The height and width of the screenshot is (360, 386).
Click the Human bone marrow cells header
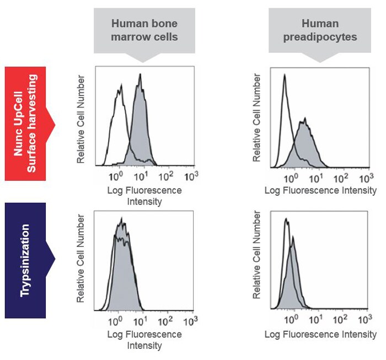tap(144, 30)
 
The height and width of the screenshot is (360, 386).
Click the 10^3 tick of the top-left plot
tap(191, 177)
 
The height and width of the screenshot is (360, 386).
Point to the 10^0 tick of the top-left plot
tap(116, 177)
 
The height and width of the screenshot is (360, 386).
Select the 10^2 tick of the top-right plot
tap(340, 178)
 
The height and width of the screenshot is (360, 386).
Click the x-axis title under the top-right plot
tap(320, 191)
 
